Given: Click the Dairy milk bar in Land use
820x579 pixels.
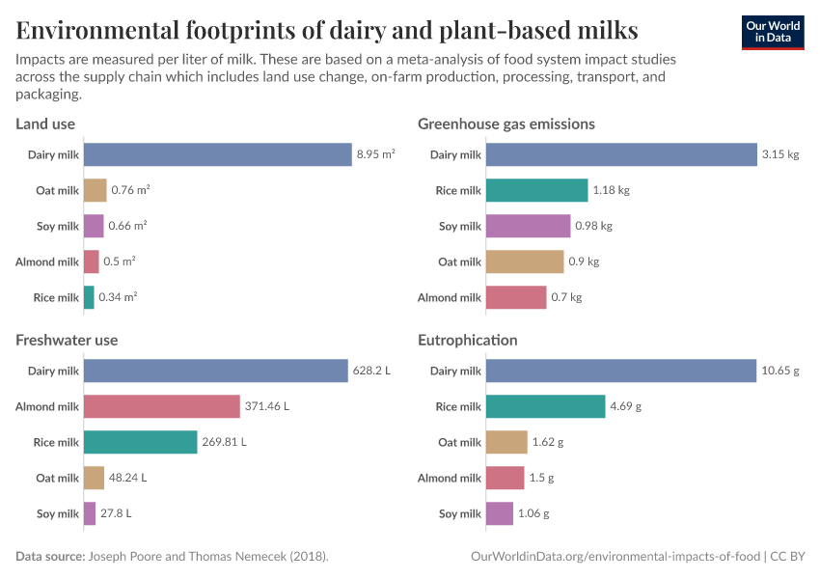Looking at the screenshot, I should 217,154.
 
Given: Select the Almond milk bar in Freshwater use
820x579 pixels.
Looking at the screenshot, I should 161,406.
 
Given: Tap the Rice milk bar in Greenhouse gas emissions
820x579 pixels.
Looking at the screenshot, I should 536,190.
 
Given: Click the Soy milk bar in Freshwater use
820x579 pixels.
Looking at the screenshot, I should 90,513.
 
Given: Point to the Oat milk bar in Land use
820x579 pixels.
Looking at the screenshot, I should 95,190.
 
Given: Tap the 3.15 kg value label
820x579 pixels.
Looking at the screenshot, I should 780,154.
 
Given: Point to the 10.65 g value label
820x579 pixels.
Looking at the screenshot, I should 780,371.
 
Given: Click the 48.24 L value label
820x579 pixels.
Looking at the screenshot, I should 127,478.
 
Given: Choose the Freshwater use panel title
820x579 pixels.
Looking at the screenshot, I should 67,340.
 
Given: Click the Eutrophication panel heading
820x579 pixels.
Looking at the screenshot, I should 467,340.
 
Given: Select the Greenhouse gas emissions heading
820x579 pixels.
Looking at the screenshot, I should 506,124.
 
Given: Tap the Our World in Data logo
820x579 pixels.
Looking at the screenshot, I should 773,32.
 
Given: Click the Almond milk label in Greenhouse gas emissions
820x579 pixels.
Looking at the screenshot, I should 449,297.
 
